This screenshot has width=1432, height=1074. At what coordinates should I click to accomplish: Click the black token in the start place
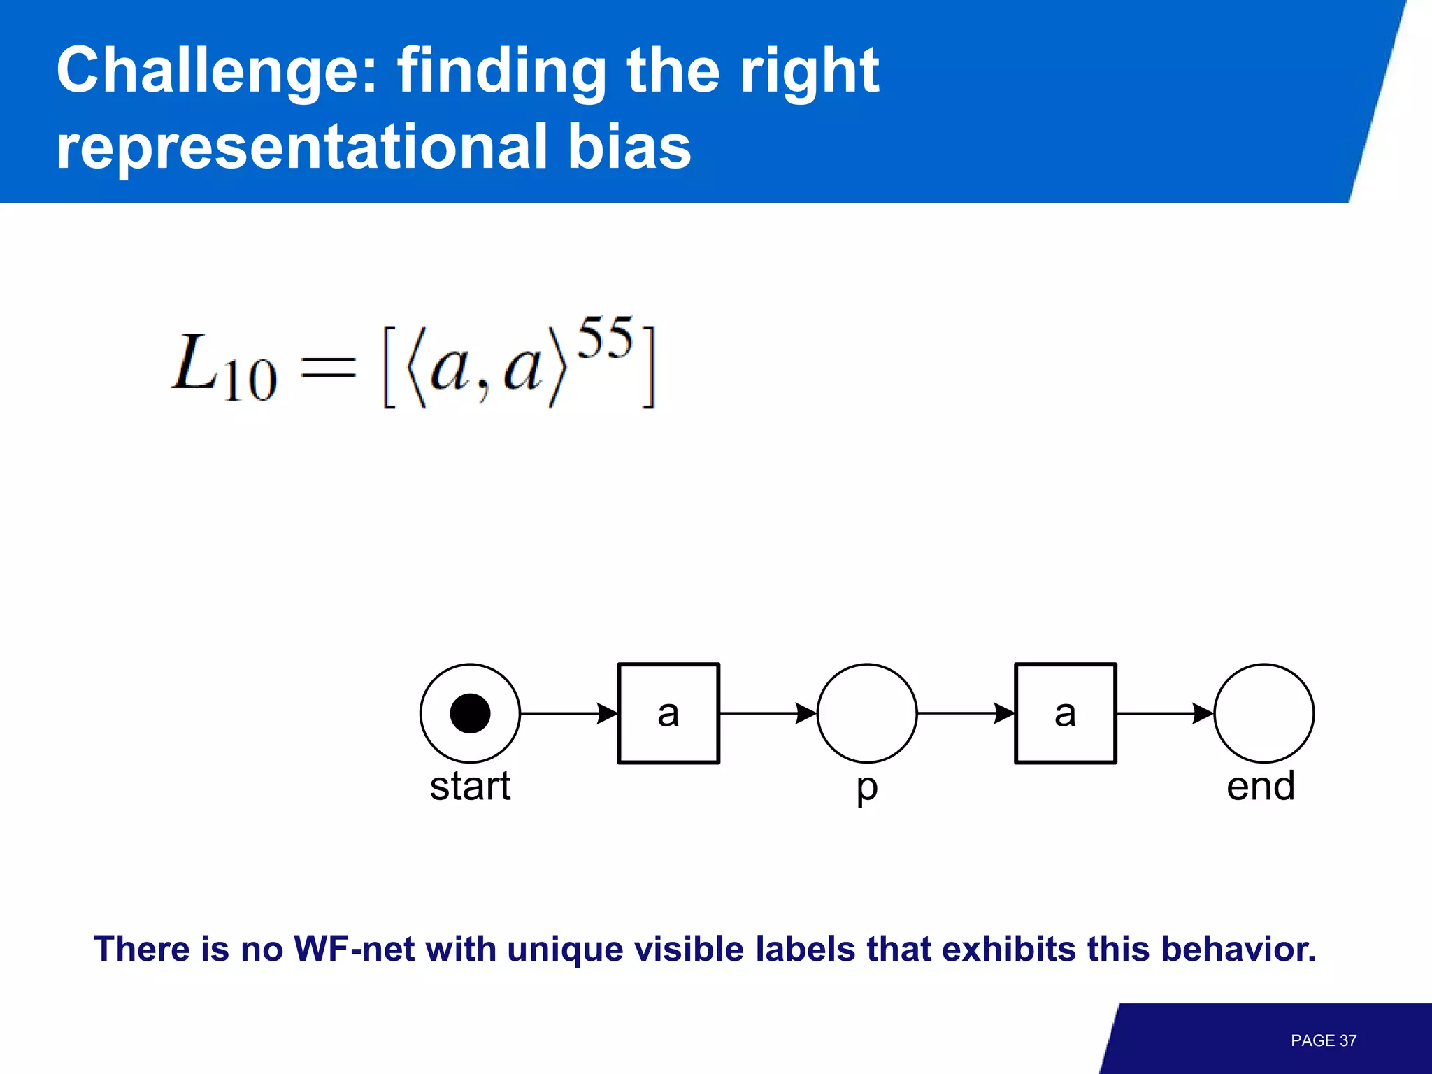click(470, 713)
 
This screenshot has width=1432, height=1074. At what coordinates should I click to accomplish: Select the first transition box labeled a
click(668, 713)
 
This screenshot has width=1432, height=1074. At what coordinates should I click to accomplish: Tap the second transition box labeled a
click(1065, 713)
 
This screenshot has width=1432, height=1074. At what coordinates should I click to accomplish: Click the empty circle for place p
click(867, 713)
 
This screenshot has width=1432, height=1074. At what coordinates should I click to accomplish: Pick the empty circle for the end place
click(1263, 713)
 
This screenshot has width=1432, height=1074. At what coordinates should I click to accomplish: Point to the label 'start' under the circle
click(470, 786)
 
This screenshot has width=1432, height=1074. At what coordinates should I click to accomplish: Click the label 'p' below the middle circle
click(867, 789)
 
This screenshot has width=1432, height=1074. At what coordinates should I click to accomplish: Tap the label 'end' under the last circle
click(1261, 786)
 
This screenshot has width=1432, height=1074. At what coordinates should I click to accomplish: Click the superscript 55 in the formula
click(606, 338)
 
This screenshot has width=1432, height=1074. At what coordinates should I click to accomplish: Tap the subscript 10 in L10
click(250, 381)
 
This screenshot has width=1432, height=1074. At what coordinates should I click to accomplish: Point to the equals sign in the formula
click(328, 368)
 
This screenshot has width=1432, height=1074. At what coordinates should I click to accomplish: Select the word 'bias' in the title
click(629, 147)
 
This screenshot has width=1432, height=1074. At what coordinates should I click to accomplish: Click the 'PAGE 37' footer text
click(1323, 1040)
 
